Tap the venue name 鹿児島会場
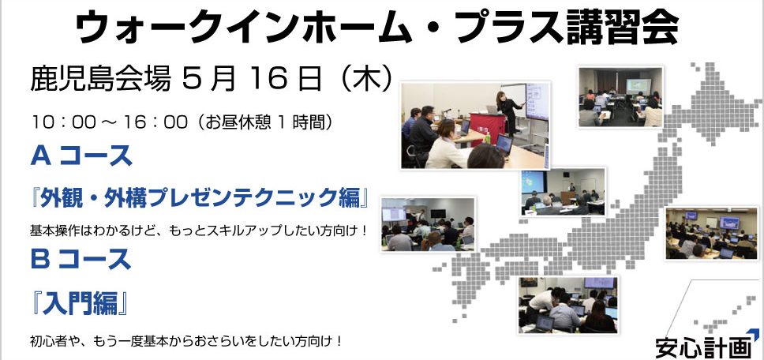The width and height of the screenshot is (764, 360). [x=100, y=80]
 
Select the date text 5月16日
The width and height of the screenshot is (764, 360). [x=252, y=80]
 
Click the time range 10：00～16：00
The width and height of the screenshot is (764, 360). [x=110, y=122]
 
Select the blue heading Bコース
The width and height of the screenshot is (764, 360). [x=81, y=259]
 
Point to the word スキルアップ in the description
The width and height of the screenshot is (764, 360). [x=233, y=230]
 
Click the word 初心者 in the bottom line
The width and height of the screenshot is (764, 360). [x=47, y=340]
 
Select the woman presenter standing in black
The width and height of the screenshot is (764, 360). [x=508, y=112]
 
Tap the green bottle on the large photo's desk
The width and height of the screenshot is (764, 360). [x=487, y=137]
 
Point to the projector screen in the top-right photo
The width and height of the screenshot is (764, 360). [x=639, y=86]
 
